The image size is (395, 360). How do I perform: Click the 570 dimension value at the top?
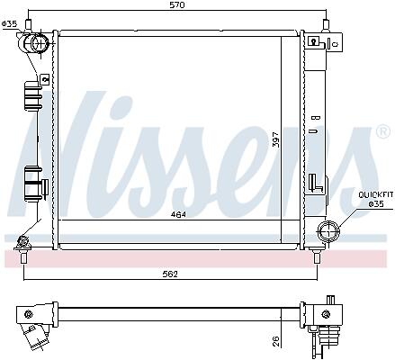point(177,4)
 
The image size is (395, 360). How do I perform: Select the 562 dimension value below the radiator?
point(170,274)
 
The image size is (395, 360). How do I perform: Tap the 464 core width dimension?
point(178,214)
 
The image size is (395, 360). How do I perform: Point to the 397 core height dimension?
point(276,139)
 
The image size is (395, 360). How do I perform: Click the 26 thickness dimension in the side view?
point(276,341)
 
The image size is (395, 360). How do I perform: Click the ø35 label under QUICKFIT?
point(376,204)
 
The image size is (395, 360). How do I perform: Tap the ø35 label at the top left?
point(9,24)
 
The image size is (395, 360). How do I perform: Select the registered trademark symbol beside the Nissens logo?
point(383,132)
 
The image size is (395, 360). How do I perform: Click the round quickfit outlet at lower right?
point(328,232)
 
